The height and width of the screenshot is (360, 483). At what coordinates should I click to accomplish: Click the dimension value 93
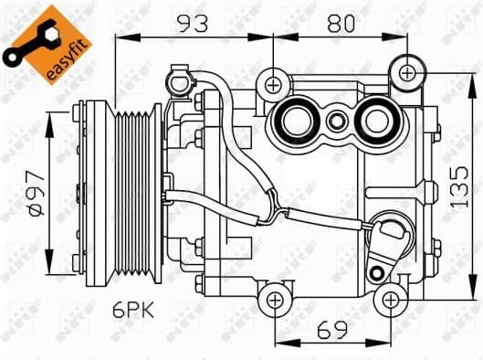click(192, 25)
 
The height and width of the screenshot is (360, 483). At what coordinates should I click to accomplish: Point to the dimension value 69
click(333, 327)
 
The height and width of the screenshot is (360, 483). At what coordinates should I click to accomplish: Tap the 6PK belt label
click(133, 310)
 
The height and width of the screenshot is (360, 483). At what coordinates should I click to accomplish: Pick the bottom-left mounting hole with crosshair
click(276, 298)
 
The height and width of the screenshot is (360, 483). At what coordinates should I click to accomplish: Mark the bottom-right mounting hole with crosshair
click(390, 298)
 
